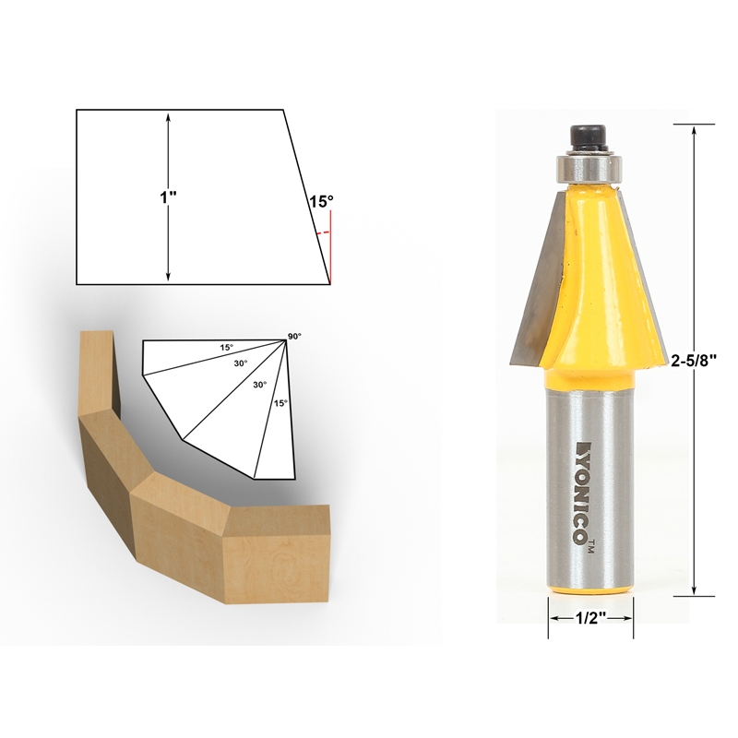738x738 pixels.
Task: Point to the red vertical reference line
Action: click(330, 244)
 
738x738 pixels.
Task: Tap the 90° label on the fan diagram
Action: click(294, 337)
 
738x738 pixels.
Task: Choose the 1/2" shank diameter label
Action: click(591, 620)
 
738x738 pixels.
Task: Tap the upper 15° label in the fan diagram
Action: click(226, 348)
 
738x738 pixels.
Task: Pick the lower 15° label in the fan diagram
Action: click(279, 403)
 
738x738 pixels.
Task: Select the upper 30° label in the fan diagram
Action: click(241, 364)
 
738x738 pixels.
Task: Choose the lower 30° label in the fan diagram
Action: click(260, 385)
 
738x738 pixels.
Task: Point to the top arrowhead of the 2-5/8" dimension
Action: click(693, 130)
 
